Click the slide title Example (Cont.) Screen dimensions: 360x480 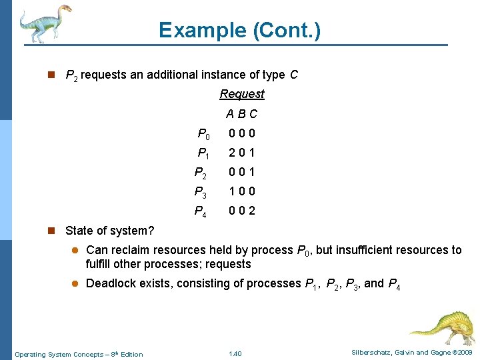click(239, 30)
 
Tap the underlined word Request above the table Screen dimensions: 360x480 click(242, 94)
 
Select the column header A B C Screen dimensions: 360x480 click(241, 114)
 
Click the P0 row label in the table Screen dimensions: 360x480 click(203, 133)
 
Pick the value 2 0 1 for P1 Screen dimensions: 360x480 click(241, 153)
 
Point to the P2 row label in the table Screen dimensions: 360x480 click(200, 173)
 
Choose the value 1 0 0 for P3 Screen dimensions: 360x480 click(241, 192)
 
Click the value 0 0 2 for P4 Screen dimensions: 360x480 click(241, 212)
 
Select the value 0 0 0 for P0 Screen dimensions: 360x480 click(241, 133)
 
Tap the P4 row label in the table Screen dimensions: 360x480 click(200, 212)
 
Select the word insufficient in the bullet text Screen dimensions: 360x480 click(365, 250)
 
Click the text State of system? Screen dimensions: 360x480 click(110, 231)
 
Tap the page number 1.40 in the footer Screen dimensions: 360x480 click(235, 353)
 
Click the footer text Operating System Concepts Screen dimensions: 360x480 click(60, 354)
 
